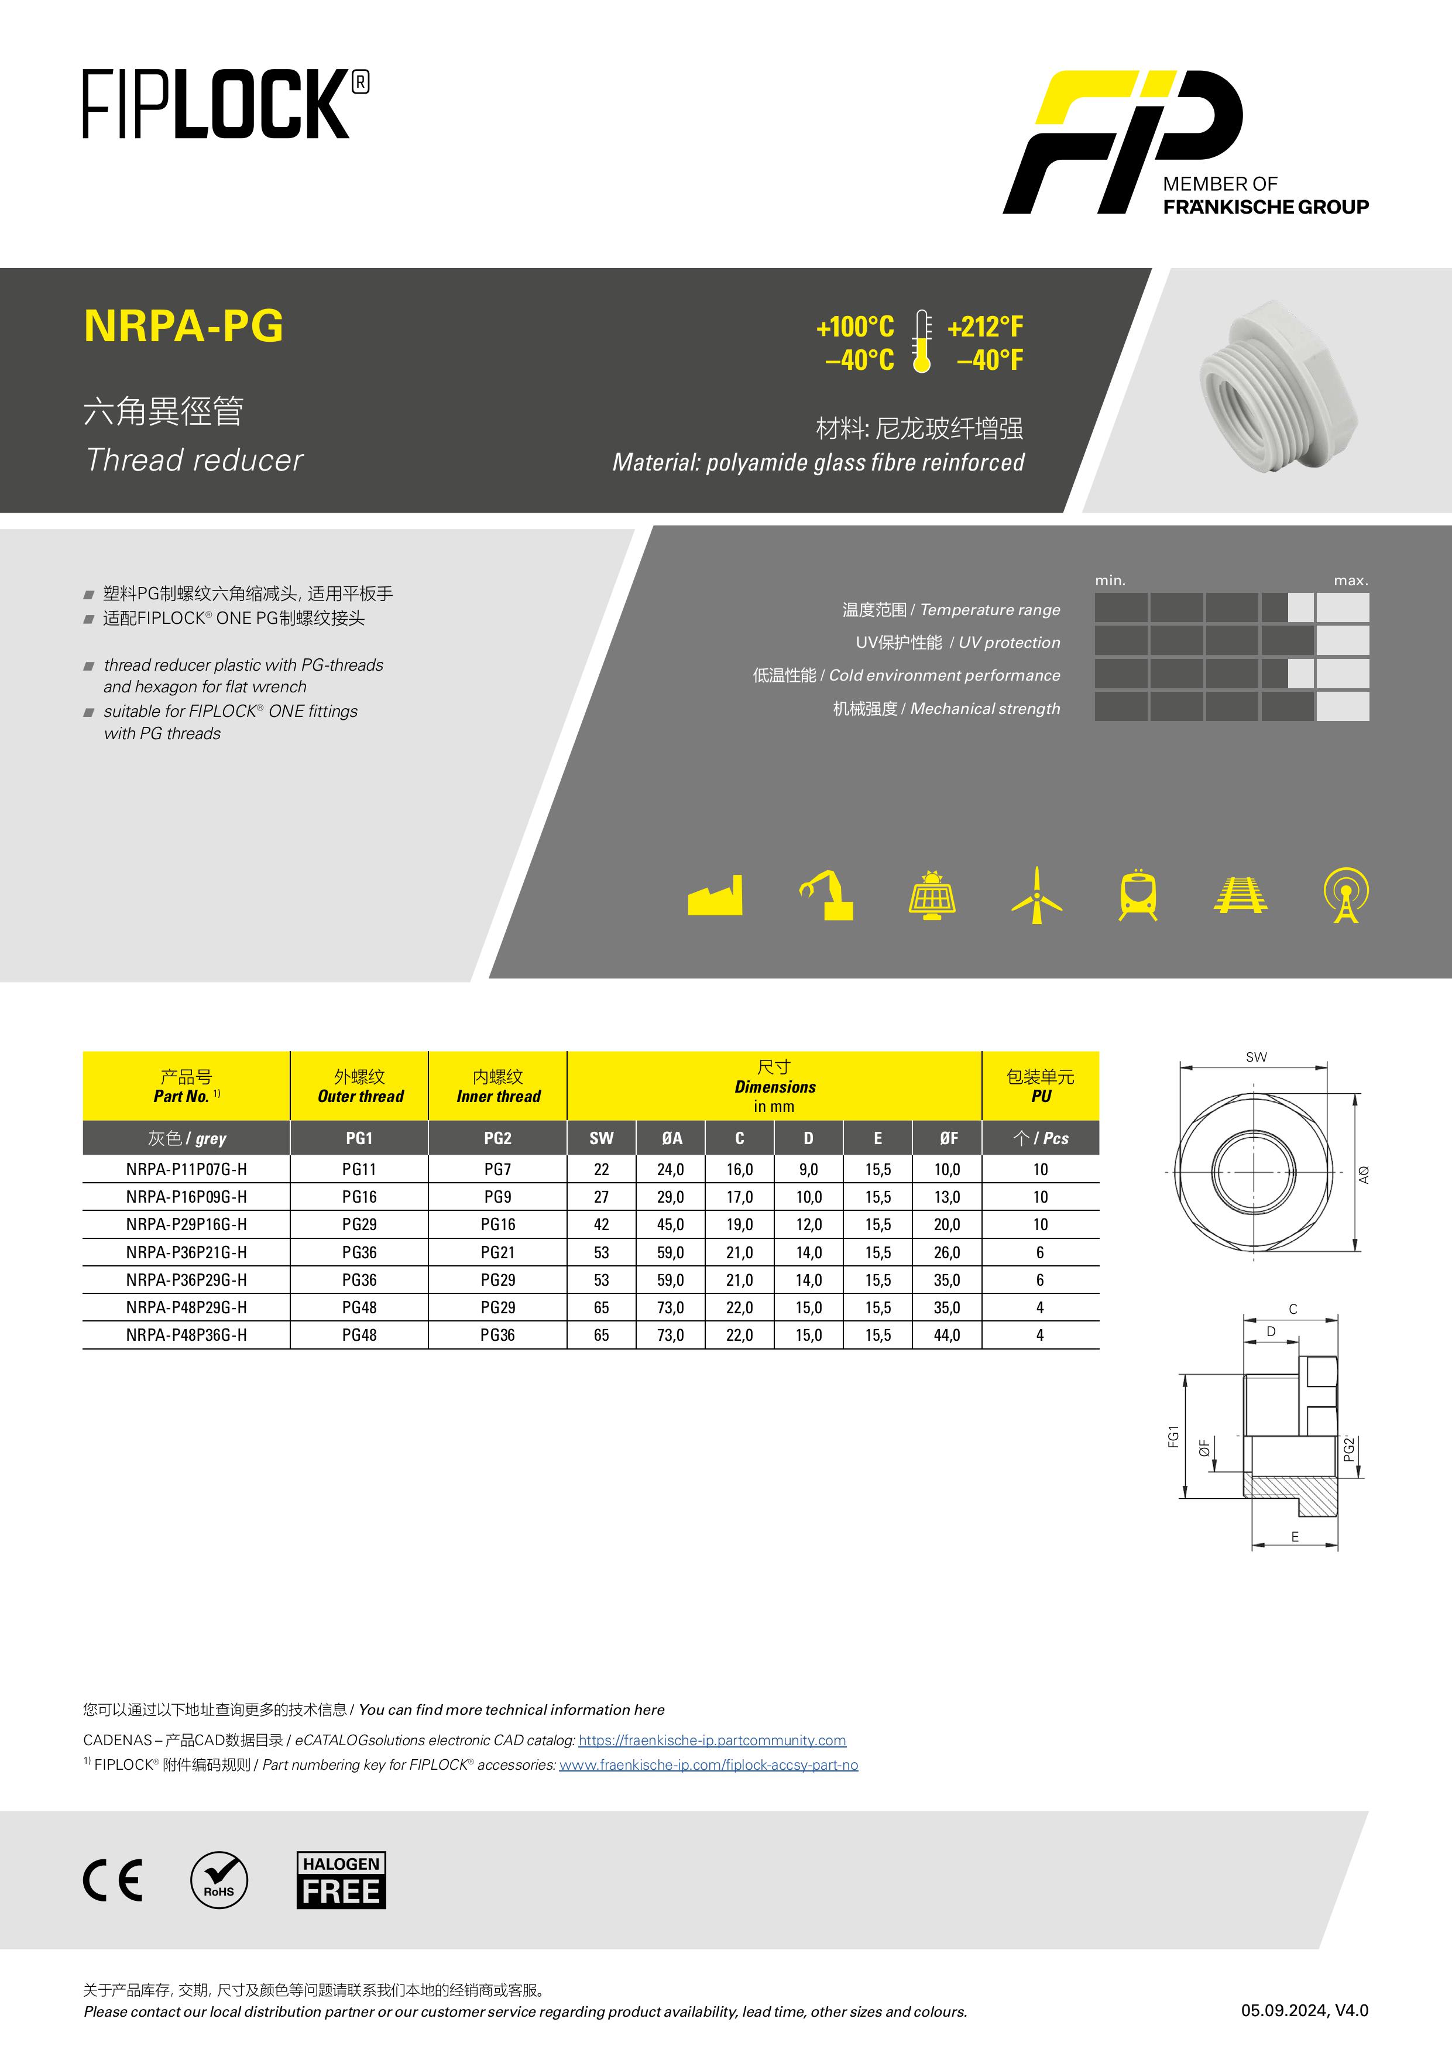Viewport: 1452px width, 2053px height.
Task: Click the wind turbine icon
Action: coord(1036,895)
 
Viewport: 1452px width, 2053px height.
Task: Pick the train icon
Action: coord(1138,894)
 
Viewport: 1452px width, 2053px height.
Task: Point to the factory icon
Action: coord(715,896)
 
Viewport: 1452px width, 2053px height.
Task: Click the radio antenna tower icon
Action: coord(1345,894)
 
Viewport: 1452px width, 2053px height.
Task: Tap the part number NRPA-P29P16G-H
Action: coord(186,1224)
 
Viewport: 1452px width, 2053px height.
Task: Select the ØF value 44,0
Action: coord(947,1335)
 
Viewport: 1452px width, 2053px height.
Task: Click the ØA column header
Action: coord(671,1138)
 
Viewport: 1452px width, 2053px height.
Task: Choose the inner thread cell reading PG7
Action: coord(497,1169)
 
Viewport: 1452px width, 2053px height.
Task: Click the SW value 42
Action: coord(601,1224)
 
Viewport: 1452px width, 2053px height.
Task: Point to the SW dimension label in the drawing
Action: coord(1255,1057)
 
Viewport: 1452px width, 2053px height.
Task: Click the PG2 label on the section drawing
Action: coord(1348,1448)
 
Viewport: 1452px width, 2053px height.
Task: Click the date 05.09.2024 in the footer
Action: coord(1283,2011)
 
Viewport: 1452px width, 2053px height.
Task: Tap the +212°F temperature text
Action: coord(986,327)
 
